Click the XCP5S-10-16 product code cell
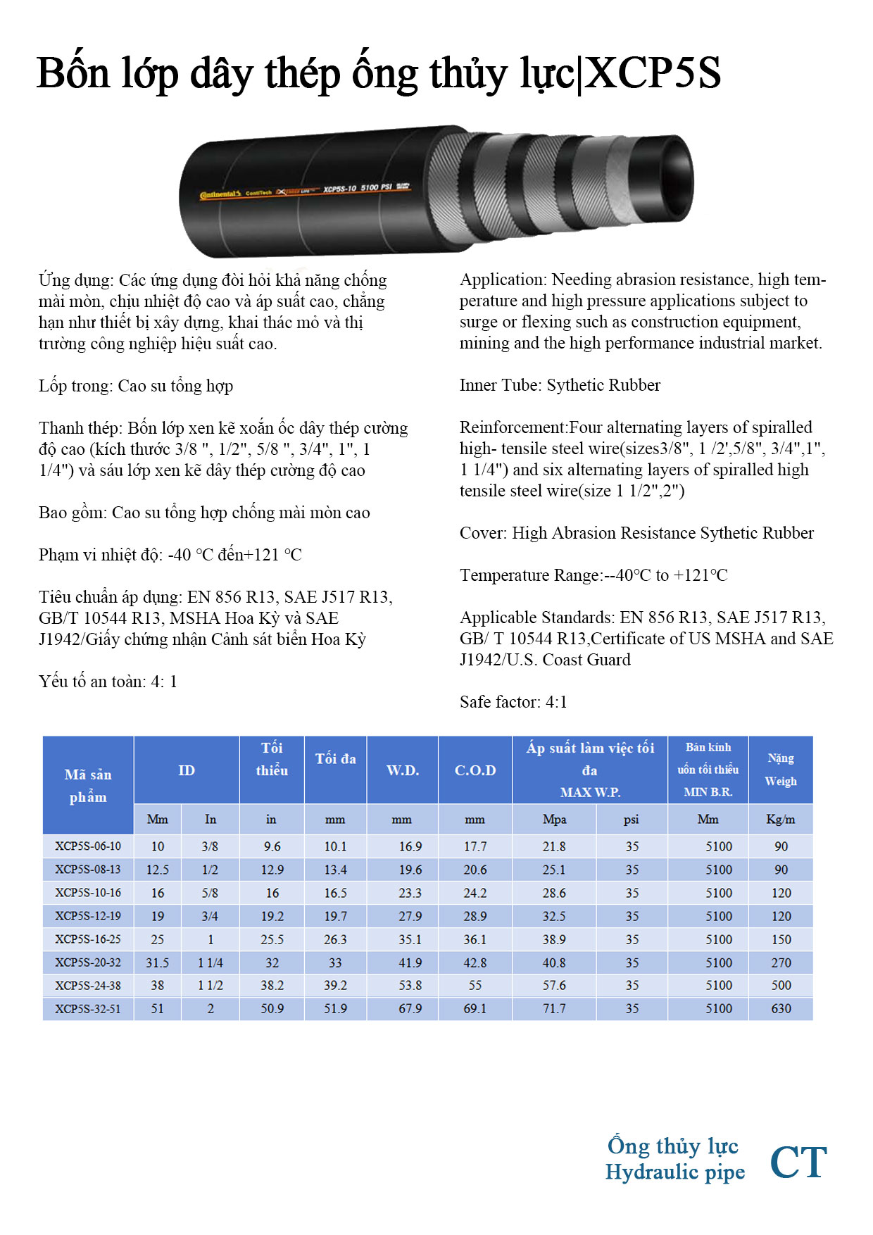pyautogui.click(x=88, y=893)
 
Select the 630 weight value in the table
pyautogui.click(x=781, y=1008)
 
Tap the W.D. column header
pyautogui.click(x=403, y=770)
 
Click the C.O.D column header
pyautogui.click(x=475, y=770)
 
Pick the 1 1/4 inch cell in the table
pyautogui.click(x=210, y=963)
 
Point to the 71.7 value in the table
pyautogui.click(x=554, y=1008)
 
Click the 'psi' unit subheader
pyautogui.click(x=632, y=820)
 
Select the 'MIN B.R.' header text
pyautogui.click(x=708, y=792)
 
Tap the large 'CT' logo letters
pyautogui.click(x=798, y=1162)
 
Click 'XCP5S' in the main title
pyautogui.click(x=653, y=73)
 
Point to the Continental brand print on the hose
pyautogui.click(x=220, y=194)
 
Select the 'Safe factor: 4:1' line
pyautogui.click(x=513, y=702)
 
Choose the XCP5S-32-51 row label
pyautogui.click(x=88, y=1008)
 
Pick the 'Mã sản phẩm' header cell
pyautogui.click(x=88, y=785)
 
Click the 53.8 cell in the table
pyautogui.click(x=410, y=986)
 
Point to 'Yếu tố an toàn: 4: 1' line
pyautogui.click(x=108, y=682)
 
